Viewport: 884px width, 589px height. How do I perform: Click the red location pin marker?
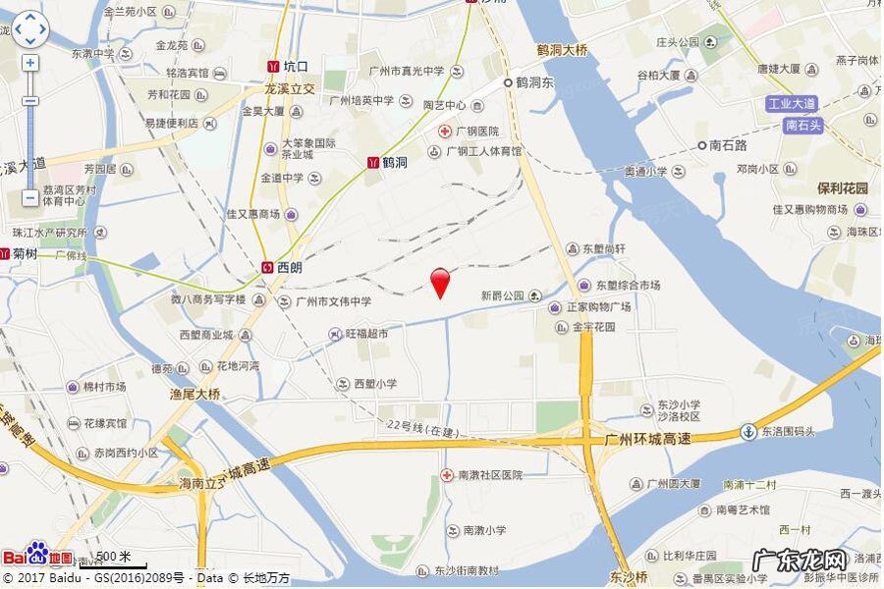[x=441, y=282]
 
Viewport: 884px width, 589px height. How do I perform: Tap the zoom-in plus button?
[x=30, y=63]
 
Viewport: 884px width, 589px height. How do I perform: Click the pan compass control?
[x=29, y=28]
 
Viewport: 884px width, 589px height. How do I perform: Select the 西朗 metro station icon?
[x=268, y=266]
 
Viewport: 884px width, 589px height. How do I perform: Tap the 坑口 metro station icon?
[x=272, y=67]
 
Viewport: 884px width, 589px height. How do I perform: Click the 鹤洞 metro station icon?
[x=373, y=162]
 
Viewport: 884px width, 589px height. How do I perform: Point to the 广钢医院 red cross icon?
[x=444, y=131]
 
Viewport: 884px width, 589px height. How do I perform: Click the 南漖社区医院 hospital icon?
[x=448, y=475]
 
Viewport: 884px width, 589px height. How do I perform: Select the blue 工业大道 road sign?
[x=793, y=104]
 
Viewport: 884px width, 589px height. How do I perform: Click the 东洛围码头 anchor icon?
[x=748, y=431]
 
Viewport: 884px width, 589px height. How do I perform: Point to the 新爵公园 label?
[x=503, y=295]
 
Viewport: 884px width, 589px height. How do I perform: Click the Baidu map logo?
[x=37, y=556]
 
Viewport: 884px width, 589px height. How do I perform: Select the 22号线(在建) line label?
[x=423, y=425]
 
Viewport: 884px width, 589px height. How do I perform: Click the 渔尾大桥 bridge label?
[x=195, y=394]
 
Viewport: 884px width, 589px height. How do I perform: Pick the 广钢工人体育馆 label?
[x=483, y=152]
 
